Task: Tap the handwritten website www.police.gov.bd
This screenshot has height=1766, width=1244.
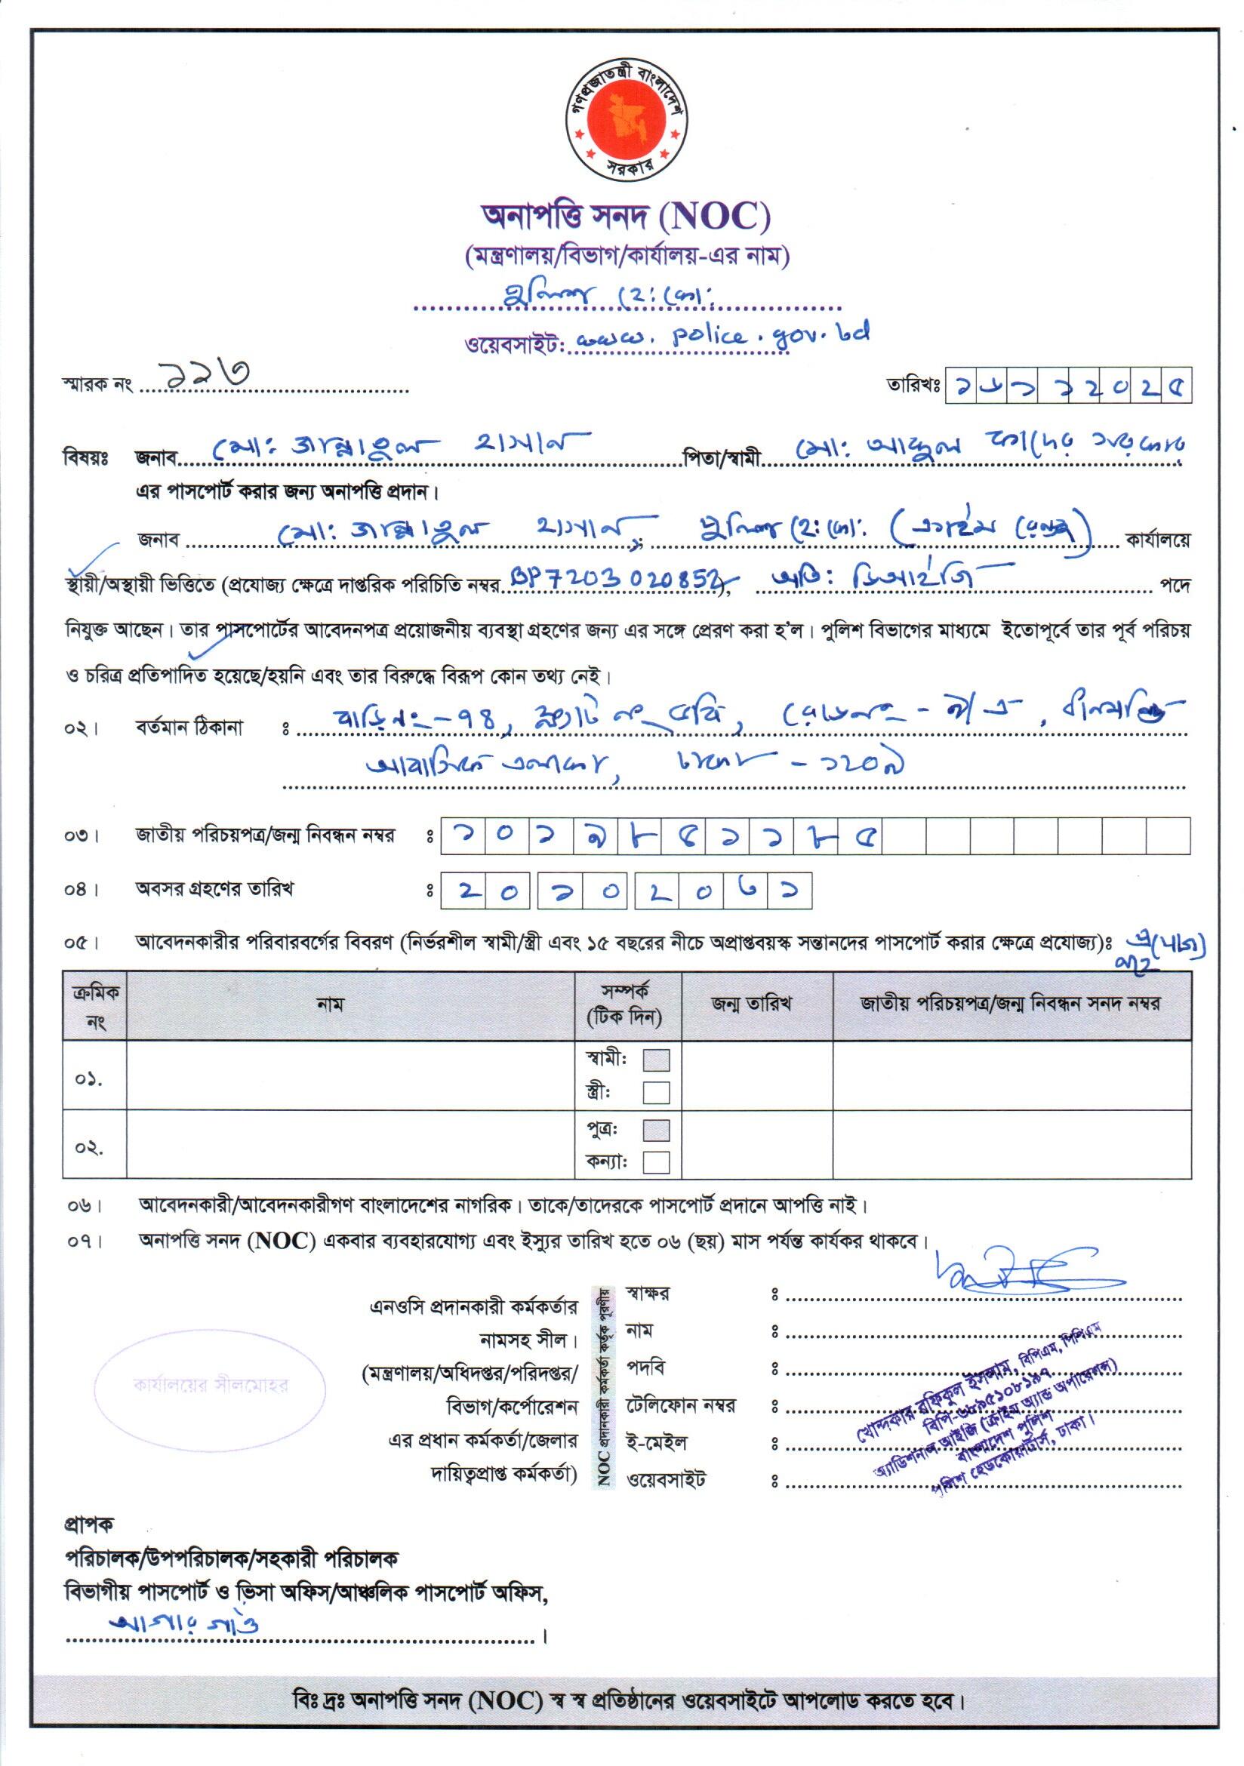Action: tap(722, 336)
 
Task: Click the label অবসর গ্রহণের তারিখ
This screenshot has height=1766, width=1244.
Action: tap(214, 889)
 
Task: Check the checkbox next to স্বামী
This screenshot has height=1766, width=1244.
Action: tap(655, 1060)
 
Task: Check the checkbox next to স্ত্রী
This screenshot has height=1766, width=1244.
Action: tap(655, 1092)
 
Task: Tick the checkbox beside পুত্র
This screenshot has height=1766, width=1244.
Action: tap(655, 1130)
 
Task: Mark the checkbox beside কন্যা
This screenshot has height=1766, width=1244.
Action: tap(655, 1161)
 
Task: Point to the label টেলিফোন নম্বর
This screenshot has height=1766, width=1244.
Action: tap(680, 1406)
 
